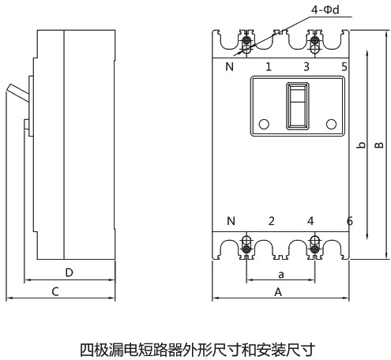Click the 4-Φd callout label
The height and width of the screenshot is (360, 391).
pyautogui.click(x=325, y=9)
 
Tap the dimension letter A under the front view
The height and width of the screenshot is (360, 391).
pyautogui.click(x=278, y=292)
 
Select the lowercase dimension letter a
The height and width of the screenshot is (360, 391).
pyautogui.click(x=281, y=275)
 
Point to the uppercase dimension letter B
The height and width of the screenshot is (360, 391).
pyautogui.click(x=379, y=145)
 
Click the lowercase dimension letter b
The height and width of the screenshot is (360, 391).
pyautogui.click(x=362, y=144)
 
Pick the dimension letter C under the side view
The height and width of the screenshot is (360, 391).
pyautogui.click(x=55, y=292)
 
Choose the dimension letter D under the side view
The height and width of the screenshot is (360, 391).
pyautogui.click(x=69, y=272)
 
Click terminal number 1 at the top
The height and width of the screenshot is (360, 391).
pyautogui.click(x=269, y=66)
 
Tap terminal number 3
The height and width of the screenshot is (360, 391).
pyautogui.click(x=306, y=66)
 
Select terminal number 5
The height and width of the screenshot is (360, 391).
pyautogui.click(x=344, y=66)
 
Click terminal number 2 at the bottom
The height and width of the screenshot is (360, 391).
pyautogui.click(x=272, y=221)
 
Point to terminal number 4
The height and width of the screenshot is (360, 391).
pyautogui.click(x=310, y=221)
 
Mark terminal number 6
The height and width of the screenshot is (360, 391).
pyautogui.click(x=350, y=221)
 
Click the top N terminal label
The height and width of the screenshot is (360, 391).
pyautogui.click(x=230, y=67)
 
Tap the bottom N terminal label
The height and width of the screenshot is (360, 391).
pyautogui.click(x=231, y=221)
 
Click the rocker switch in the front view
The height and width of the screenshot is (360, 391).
pyautogui.click(x=298, y=106)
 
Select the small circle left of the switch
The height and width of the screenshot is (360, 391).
pyautogui.click(x=264, y=124)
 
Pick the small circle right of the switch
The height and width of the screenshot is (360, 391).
pyautogui.click(x=331, y=124)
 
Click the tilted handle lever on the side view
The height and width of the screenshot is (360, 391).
pyautogui.click(x=18, y=92)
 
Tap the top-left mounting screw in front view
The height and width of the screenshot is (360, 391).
pyautogui.click(x=246, y=41)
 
